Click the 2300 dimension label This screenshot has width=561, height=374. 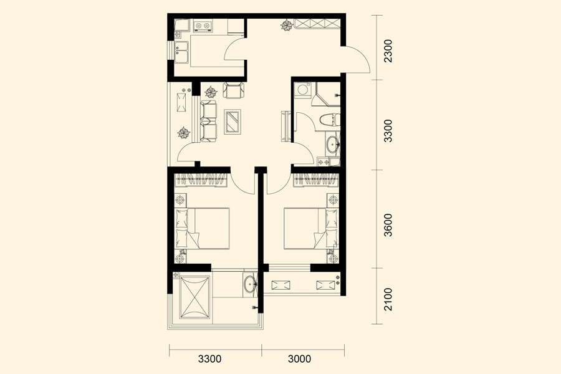(x=388, y=51)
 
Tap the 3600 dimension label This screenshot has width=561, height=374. (x=388, y=225)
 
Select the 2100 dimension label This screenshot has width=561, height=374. (x=388, y=299)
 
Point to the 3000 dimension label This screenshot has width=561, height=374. (x=299, y=358)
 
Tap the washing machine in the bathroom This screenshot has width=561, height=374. (x=303, y=90)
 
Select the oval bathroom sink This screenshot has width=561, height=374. (x=333, y=145)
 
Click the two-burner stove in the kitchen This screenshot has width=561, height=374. (x=203, y=26)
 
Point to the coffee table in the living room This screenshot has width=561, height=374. (x=233, y=122)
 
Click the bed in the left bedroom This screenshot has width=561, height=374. (x=202, y=228)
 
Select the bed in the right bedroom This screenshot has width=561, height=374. (x=311, y=228)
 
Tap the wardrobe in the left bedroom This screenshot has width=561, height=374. (x=201, y=180)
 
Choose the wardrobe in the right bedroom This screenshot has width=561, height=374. (x=316, y=180)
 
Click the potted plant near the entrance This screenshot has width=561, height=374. (x=287, y=26)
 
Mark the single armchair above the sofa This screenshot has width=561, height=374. (x=233, y=90)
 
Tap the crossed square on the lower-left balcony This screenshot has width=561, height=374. (x=194, y=297)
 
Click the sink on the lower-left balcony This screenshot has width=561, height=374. (x=250, y=284)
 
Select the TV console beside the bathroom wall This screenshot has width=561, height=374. (x=286, y=127)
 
